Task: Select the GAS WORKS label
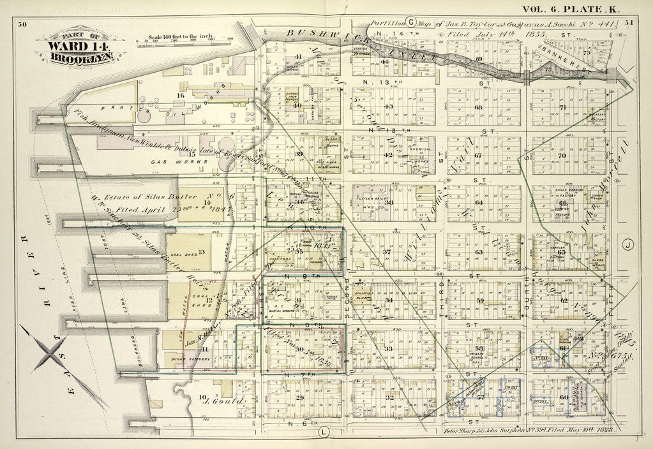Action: point(190,162)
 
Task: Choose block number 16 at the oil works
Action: point(181,96)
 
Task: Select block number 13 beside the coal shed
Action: point(202,251)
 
